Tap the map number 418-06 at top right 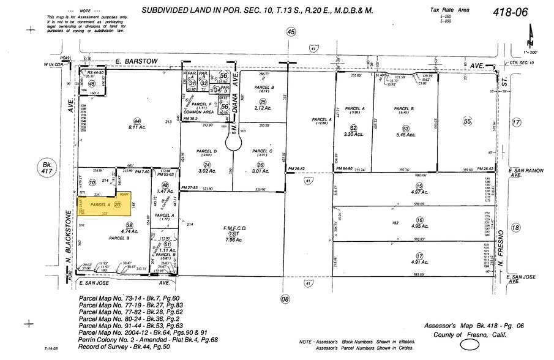(x=512, y=12)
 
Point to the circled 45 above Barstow (x=291, y=32)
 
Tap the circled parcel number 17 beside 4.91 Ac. (x=419, y=256)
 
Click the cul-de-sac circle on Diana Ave (x=233, y=143)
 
